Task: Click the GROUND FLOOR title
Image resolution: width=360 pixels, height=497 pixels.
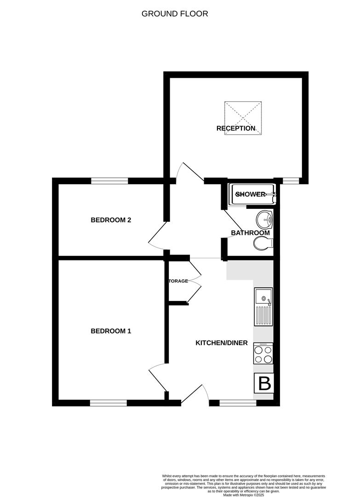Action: pyautogui.click(x=175, y=14)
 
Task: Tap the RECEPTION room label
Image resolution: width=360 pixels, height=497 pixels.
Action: pyautogui.click(x=236, y=128)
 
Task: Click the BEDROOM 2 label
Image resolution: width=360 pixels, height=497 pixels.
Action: pyautogui.click(x=111, y=220)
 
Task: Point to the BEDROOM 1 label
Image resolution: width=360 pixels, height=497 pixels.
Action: pyautogui.click(x=111, y=331)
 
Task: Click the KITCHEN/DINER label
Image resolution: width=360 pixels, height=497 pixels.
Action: pyautogui.click(x=222, y=343)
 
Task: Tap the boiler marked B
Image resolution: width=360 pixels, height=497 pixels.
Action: pyautogui.click(x=264, y=383)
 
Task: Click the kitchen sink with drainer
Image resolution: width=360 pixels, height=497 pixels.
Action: pyautogui.click(x=263, y=306)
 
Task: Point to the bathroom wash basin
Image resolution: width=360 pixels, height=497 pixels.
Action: pyautogui.click(x=265, y=220)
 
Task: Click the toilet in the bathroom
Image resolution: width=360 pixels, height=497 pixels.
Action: pyautogui.click(x=263, y=244)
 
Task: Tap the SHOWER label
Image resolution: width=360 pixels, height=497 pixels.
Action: pyautogui.click(x=251, y=194)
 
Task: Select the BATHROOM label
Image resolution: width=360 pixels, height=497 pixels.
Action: pyautogui.click(x=250, y=233)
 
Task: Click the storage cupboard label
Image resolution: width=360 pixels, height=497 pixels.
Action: pyautogui.click(x=178, y=281)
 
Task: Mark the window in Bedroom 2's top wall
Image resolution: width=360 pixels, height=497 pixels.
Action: pyautogui.click(x=109, y=181)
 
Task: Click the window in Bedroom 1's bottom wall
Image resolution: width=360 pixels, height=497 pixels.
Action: pyautogui.click(x=109, y=403)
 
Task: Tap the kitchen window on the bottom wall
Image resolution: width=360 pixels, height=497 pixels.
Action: pyautogui.click(x=238, y=403)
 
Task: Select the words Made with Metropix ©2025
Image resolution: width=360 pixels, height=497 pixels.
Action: pyautogui.click(x=244, y=495)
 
